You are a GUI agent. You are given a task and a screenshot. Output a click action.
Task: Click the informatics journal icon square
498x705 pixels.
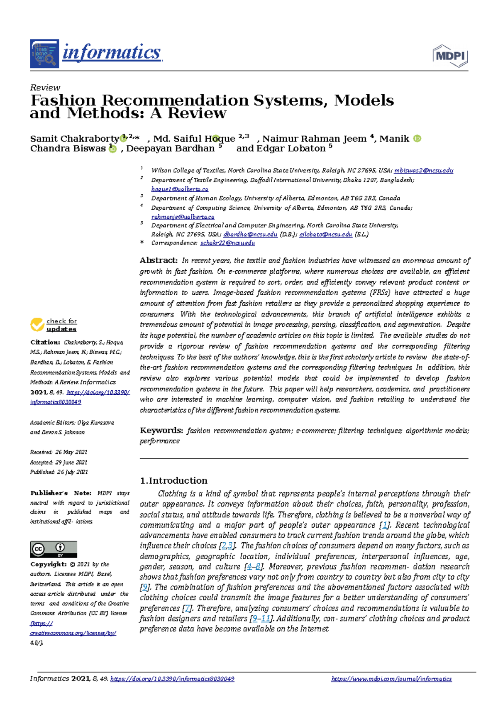44,54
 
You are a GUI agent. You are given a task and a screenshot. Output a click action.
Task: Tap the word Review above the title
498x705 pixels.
45,88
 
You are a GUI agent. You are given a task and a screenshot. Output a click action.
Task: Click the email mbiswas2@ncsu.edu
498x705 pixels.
423,171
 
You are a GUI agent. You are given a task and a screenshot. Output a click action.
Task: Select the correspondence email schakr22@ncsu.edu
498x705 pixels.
227,243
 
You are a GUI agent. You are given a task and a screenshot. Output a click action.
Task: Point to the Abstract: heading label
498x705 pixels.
159,260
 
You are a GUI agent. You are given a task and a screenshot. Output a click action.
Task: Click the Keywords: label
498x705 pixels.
161,430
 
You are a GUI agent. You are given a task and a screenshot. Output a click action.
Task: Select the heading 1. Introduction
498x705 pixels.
173,480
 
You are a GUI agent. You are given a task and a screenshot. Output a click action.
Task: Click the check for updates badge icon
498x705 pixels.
37,325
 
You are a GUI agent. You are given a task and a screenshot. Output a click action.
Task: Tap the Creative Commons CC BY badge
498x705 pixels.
54,549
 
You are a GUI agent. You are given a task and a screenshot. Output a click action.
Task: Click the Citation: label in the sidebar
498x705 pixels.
45,342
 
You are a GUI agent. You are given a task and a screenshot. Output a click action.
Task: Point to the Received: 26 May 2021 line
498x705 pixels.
59,452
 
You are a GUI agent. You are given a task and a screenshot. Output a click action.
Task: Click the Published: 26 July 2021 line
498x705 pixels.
59,472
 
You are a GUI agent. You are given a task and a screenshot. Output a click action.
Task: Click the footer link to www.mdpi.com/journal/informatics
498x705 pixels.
391,679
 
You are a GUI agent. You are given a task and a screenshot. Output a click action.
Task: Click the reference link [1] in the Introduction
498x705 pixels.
385,525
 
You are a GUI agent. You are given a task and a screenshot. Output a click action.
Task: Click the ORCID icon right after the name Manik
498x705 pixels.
417,139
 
